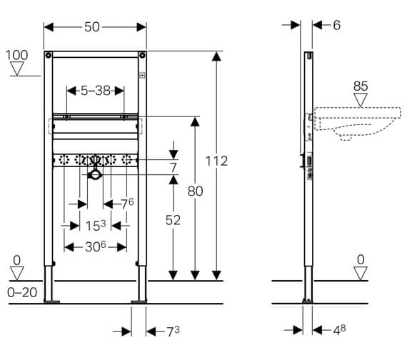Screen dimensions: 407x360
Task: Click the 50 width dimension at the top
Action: tap(92, 27)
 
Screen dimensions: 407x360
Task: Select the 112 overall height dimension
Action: tap(216, 161)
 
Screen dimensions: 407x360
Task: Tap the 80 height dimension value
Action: tap(195, 191)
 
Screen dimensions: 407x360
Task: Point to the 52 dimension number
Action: tap(173, 220)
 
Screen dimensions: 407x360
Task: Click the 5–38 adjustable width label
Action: tap(96, 91)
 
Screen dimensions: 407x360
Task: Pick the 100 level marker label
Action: tap(16, 55)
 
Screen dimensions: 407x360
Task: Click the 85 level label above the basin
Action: tap(361, 86)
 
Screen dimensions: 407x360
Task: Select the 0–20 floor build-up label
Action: tap(22, 293)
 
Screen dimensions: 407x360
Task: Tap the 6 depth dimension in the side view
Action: tap(336, 25)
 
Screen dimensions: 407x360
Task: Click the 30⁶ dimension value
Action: tap(96, 246)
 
